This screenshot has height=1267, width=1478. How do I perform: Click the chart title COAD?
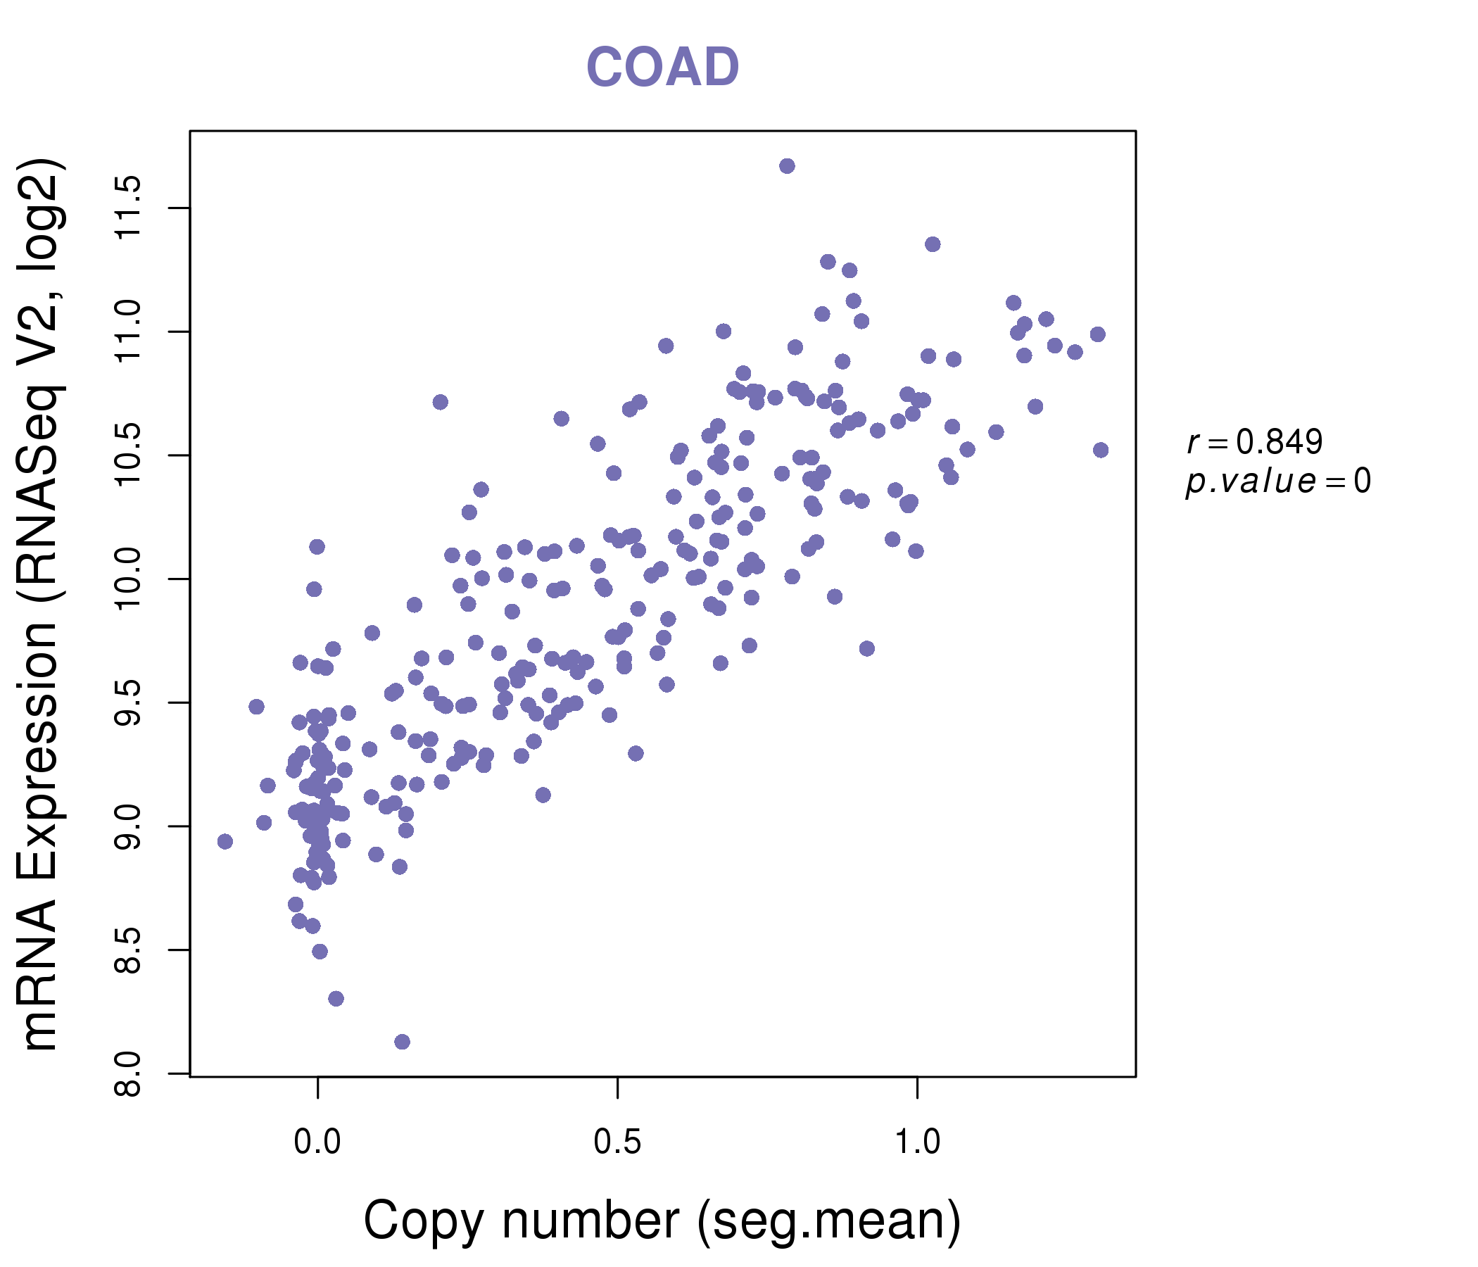[662, 67]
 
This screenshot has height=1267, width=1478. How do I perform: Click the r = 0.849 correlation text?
[1255, 442]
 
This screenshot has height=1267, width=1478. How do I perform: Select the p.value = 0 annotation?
[1277, 481]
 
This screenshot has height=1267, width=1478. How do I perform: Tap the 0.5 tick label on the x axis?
[617, 1142]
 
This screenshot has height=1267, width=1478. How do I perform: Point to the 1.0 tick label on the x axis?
[916, 1142]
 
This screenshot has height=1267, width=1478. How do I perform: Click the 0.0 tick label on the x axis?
[317, 1142]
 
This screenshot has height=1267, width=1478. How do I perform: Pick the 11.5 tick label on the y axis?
[128, 208]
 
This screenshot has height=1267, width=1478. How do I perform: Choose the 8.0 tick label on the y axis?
[128, 1073]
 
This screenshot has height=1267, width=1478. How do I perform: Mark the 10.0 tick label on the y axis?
[128, 579]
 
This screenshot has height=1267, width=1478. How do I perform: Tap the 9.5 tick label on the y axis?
[128, 702]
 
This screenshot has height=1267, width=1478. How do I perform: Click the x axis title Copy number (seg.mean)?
[662, 1221]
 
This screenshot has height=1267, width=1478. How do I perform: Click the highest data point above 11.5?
[787, 166]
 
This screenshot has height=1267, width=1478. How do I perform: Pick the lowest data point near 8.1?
[403, 1042]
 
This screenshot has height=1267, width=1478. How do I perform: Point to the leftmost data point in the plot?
[225, 842]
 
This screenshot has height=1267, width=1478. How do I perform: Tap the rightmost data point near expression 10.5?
[1101, 450]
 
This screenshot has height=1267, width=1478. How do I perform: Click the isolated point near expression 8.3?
[336, 999]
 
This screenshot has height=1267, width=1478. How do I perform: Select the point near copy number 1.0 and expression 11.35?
[933, 245]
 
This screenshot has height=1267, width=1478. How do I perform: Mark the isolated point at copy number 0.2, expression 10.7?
[440, 403]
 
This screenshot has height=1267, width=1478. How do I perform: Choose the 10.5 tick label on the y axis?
[128, 455]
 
